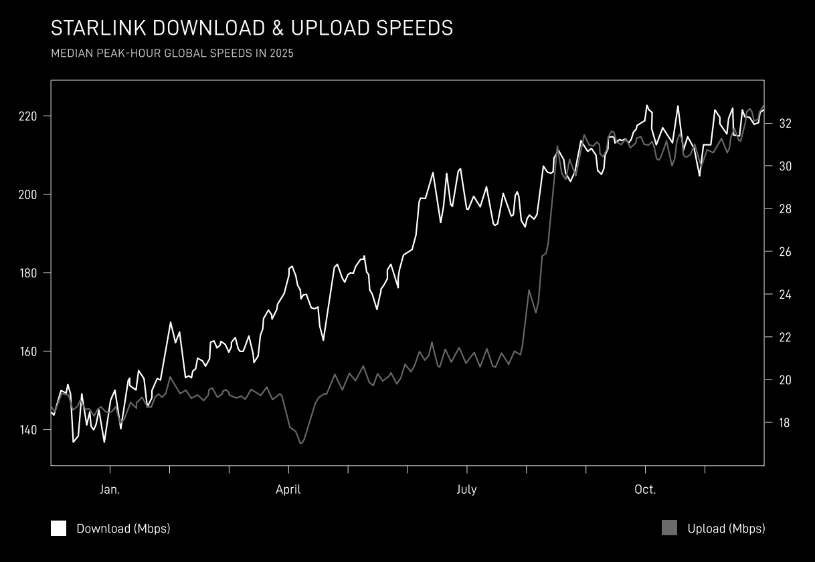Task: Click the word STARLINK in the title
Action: [x=98, y=28]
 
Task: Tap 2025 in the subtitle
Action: [x=282, y=53]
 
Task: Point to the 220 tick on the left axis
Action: [x=28, y=116]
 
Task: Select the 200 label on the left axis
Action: [x=28, y=194]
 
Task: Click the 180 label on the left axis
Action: [x=28, y=273]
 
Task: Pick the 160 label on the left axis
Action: [x=28, y=352]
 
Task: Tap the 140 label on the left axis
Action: [x=28, y=430]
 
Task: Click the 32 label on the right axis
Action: [x=785, y=124]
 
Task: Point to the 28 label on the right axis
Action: [x=785, y=209]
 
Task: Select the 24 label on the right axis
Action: [x=785, y=294]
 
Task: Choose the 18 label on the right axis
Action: [x=785, y=422]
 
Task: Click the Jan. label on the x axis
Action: [x=110, y=490]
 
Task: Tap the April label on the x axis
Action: [x=288, y=490]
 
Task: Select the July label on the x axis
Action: [x=467, y=490]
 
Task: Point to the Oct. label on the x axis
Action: [x=645, y=490]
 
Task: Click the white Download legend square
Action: [x=59, y=528]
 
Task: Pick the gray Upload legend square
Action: [x=669, y=528]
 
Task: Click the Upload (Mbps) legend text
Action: [x=726, y=529]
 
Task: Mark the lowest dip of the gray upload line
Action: [x=301, y=444]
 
